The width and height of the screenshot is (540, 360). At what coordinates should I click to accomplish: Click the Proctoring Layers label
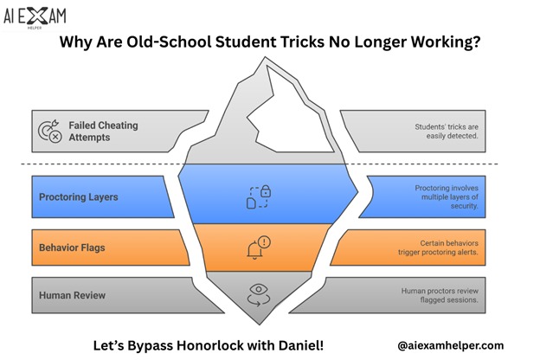(x=78, y=196)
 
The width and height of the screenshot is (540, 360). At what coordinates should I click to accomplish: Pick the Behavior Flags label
(x=74, y=248)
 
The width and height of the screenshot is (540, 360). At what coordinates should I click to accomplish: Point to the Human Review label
(x=72, y=295)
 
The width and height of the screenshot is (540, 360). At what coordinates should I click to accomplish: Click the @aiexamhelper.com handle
(x=450, y=344)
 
